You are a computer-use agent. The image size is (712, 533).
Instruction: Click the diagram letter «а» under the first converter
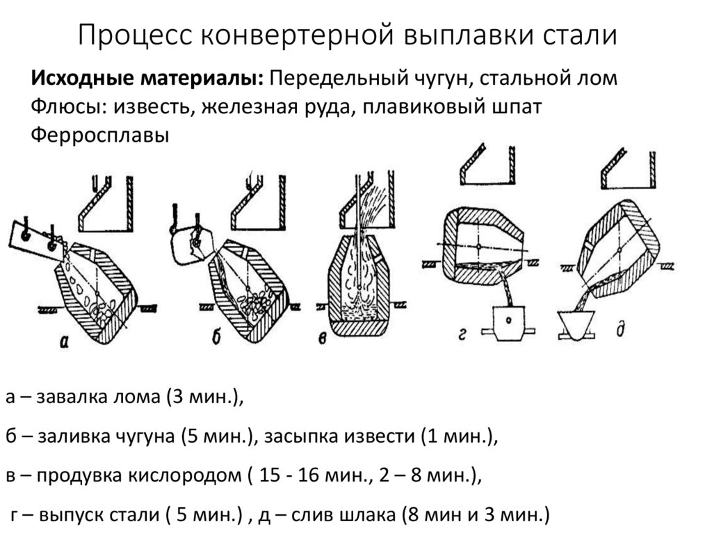pyautogui.click(x=64, y=340)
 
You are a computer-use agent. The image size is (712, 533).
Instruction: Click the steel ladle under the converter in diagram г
pyautogui.click(x=511, y=322)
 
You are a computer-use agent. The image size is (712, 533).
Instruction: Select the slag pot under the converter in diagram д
pyautogui.click(x=577, y=325)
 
